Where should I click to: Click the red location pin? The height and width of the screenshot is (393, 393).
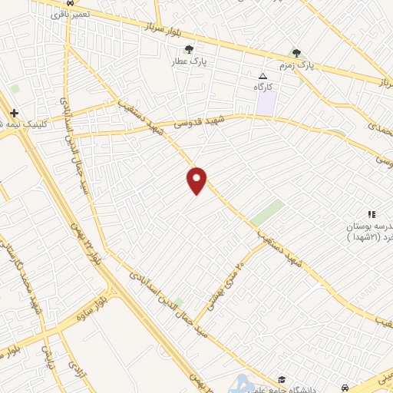click(x=197, y=179)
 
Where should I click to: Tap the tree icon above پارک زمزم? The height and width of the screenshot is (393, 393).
click(x=297, y=53)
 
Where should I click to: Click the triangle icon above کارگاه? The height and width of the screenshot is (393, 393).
click(x=263, y=77)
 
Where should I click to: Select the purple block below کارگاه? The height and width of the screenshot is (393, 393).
click(x=266, y=104)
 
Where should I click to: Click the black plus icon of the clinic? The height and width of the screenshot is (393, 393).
click(x=14, y=113)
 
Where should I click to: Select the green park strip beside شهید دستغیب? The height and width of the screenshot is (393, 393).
click(x=266, y=211)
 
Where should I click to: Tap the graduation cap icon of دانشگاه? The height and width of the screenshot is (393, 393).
click(x=282, y=379)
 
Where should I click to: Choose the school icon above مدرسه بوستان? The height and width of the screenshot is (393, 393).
click(x=371, y=214)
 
